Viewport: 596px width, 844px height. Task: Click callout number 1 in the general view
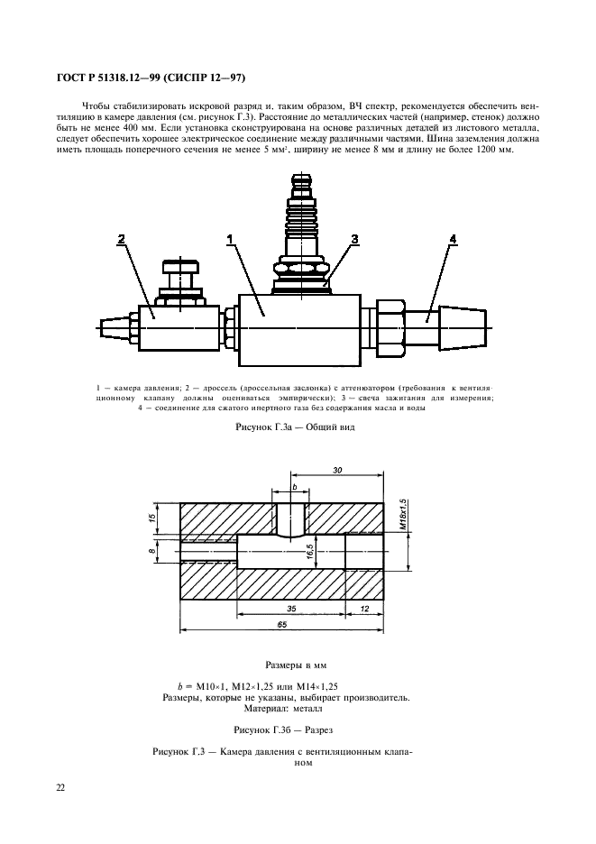click(230, 239)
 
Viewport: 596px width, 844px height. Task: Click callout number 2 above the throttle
click(122, 239)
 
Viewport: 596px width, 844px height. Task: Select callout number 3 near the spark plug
click(354, 239)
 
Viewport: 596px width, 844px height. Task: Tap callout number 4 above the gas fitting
click(453, 239)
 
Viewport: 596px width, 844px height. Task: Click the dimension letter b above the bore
click(294, 488)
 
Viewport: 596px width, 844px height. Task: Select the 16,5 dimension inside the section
click(308, 551)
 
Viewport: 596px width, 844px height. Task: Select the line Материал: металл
click(289, 709)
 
